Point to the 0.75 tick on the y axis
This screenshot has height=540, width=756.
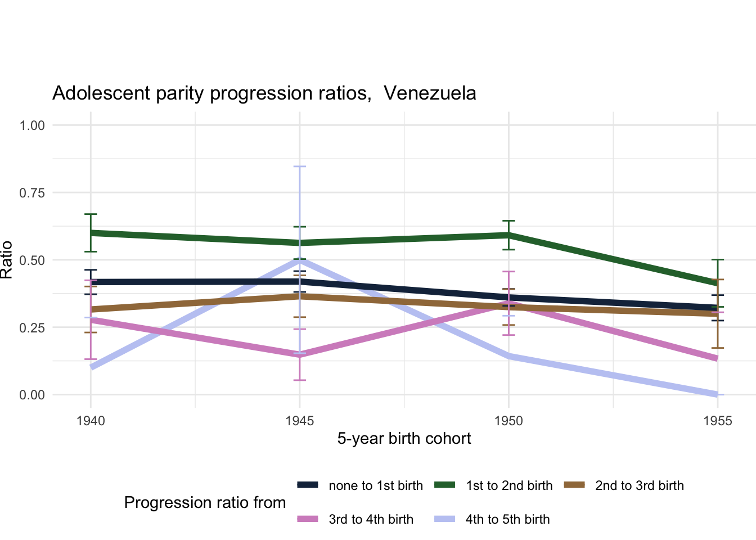pyautogui.click(x=32, y=193)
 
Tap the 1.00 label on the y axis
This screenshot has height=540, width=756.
pyautogui.click(x=32, y=125)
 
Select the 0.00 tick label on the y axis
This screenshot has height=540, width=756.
pyautogui.click(x=32, y=395)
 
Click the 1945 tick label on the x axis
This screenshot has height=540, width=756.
pyautogui.click(x=299, y=421)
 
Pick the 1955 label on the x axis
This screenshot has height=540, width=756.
pyautogui.click(x=718, y=421)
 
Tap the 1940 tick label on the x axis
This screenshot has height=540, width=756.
pyautogui.click(x=91, y=421)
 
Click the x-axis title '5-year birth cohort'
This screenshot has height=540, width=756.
pyautogui.click(x=404, y=439)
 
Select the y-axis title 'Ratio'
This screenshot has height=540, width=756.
pyautogui.click(x=7, y=260)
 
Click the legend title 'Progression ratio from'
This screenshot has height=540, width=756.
pyautogui.click(x=205, y=502)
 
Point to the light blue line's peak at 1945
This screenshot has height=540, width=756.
pyautogui.click(x=299, y=259)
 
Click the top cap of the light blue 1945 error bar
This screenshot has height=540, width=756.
pyautogui.click(x=299, y=166)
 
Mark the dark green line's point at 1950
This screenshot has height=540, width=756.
pyautogui.click(x=508, y=235)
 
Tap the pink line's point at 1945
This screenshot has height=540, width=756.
pyautogui.click(x=299, y=355)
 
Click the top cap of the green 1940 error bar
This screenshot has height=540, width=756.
pyautogui.click(x=91, y=214)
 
